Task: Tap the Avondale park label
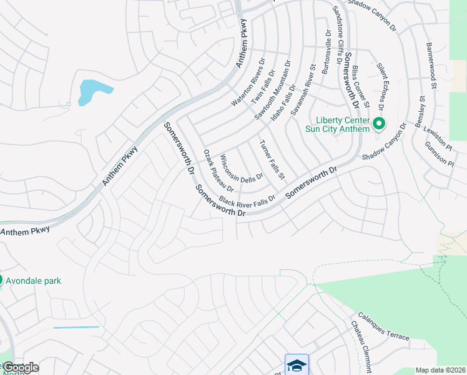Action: point(34,281)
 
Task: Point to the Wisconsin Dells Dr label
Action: point(242,168)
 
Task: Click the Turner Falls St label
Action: point(272,161)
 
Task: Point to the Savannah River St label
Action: point(302,87)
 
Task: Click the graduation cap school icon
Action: point(297,364)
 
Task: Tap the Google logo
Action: point(21,367)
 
